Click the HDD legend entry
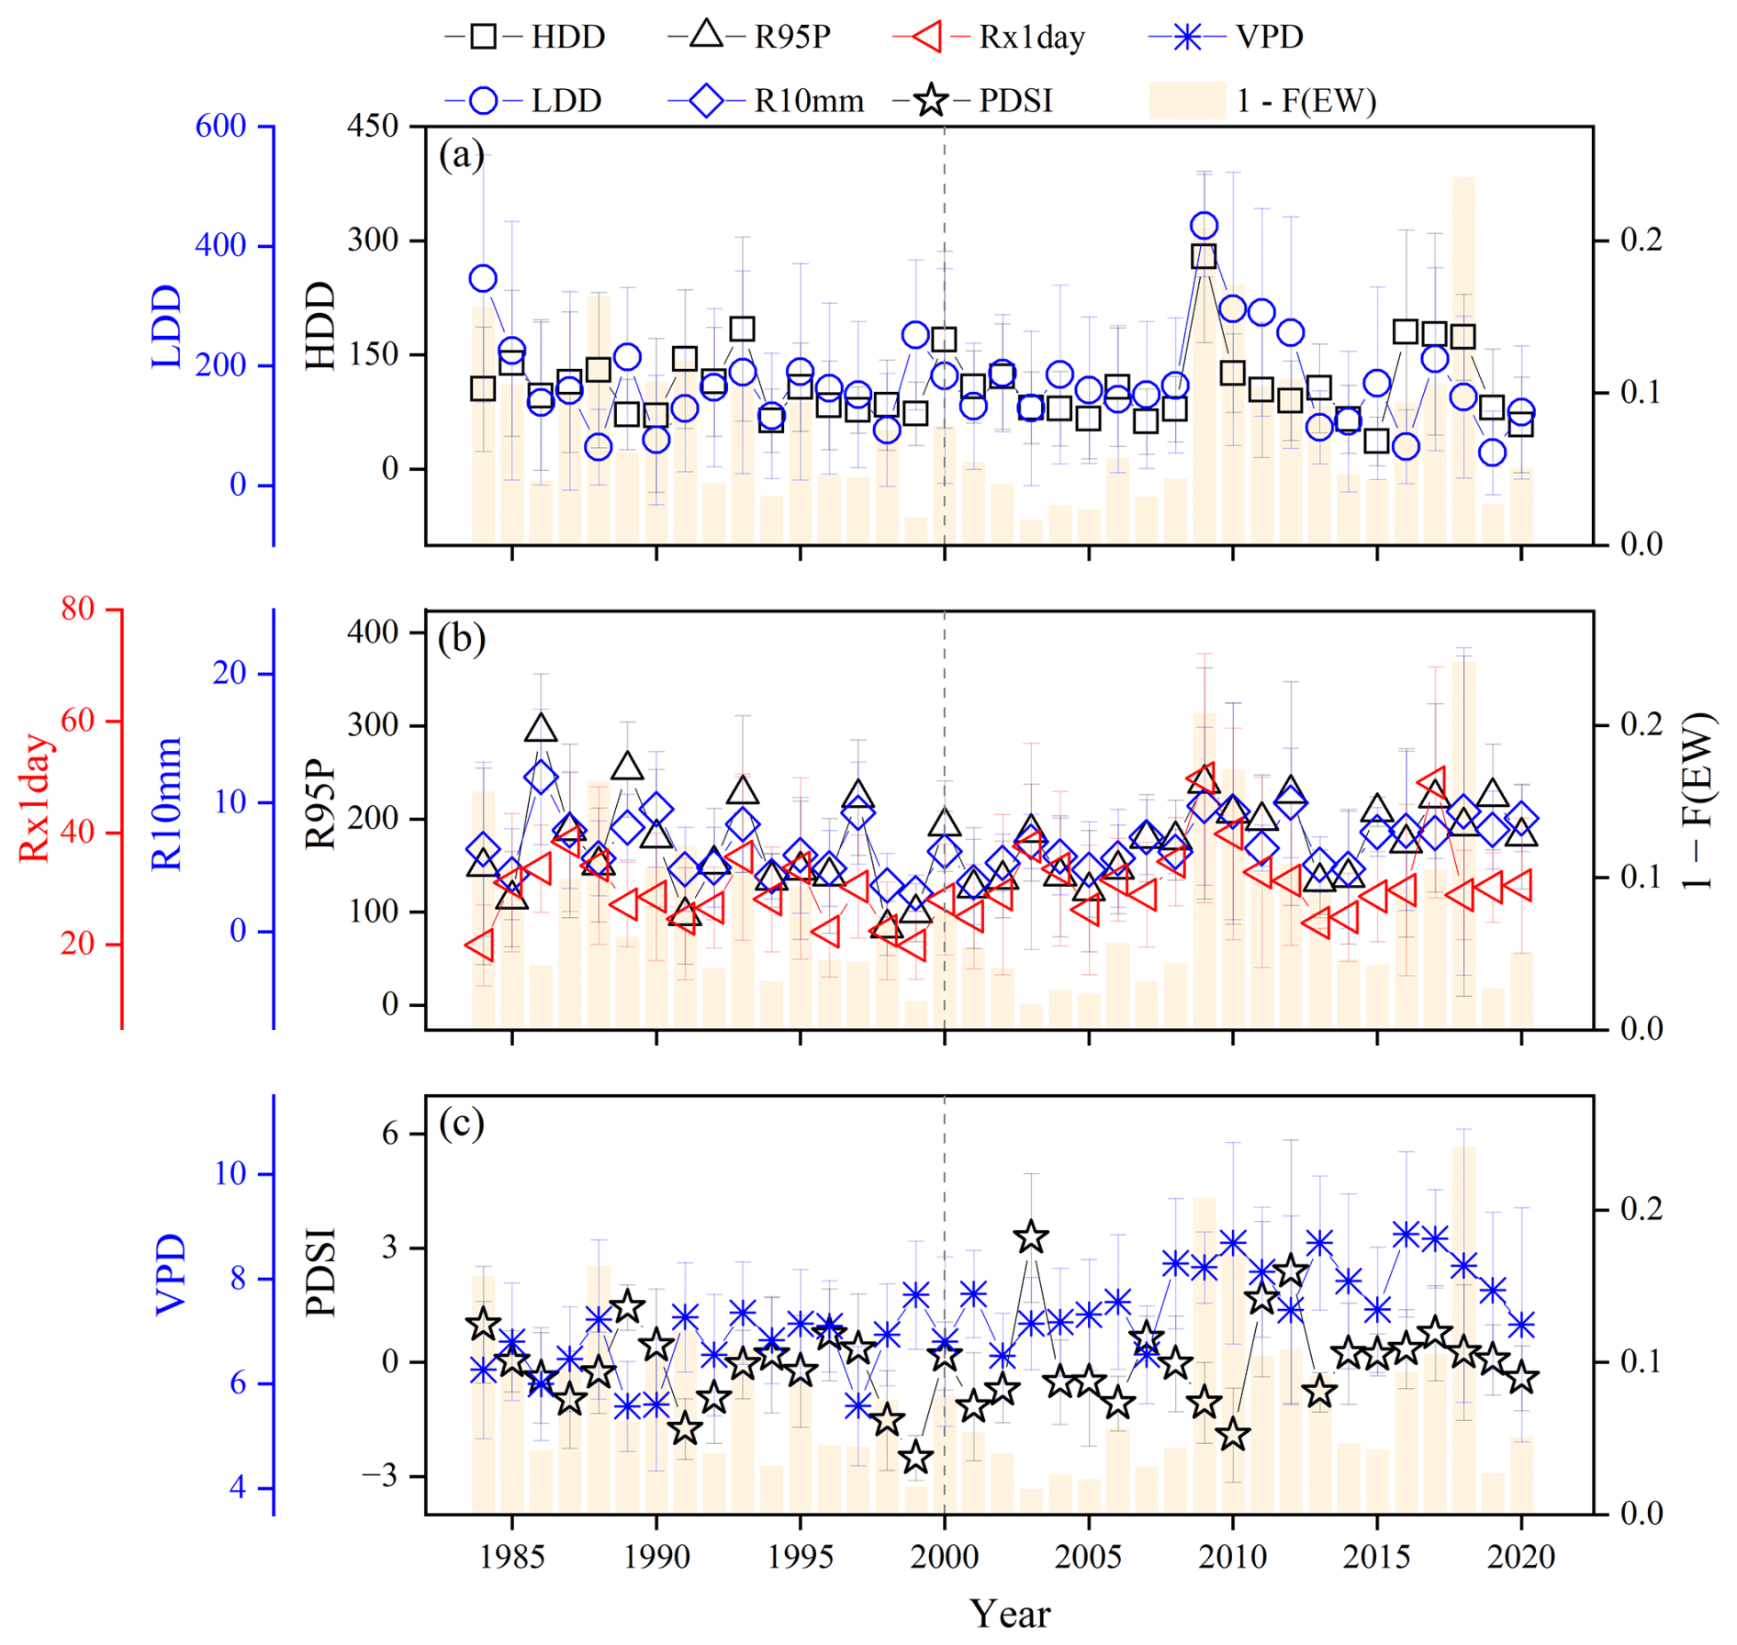coord(524,37)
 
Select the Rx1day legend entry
coord(989,37)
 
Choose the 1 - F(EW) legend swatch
coord(1187,100)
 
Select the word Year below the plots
coord(1010,1613)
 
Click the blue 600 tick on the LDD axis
coord(220,126)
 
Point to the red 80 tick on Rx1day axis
coord(77,609)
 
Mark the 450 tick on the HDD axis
coord(372,126)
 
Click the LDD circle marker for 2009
coord(1204,226)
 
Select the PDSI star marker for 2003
coord(1031,1237)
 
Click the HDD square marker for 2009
coord(1204,256)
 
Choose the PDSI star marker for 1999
coord(915,1457)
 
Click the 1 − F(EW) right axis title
coord(1698,800)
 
